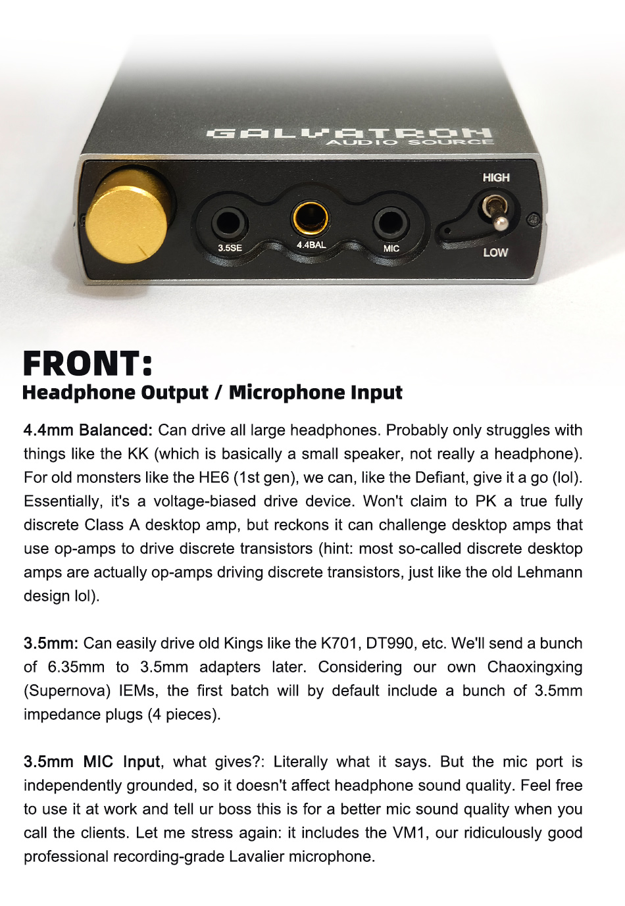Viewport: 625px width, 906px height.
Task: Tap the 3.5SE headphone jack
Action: (x=230, y=222)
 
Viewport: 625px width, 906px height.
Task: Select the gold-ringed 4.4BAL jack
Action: (x=311, y=219)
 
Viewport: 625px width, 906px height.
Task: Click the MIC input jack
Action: (x=391, y=223)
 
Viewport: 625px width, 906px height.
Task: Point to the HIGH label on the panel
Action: (x=496, y=178)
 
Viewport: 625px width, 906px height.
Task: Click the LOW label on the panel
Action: (x=495, y=253)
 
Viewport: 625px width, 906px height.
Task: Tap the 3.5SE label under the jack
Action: (x=230, y=248)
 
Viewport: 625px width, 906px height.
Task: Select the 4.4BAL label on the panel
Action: (x=311, y=245)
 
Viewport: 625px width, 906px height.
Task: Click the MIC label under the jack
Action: (x=391, y=248)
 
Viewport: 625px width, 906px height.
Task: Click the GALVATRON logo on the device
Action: (x=349, y=134)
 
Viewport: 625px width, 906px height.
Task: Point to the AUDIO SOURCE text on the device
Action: (x=410, y=142)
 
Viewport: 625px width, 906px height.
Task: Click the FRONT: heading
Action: (x=87, y=364)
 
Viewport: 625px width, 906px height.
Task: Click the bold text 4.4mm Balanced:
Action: (x=87, y=430)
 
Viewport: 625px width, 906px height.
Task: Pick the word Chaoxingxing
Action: (x=534, y=667)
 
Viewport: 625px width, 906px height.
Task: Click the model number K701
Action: (x=339, y=643)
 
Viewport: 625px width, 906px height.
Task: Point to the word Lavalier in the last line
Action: (x=257, y=856)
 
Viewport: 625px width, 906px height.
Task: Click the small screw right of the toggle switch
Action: (x=534, y=219)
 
